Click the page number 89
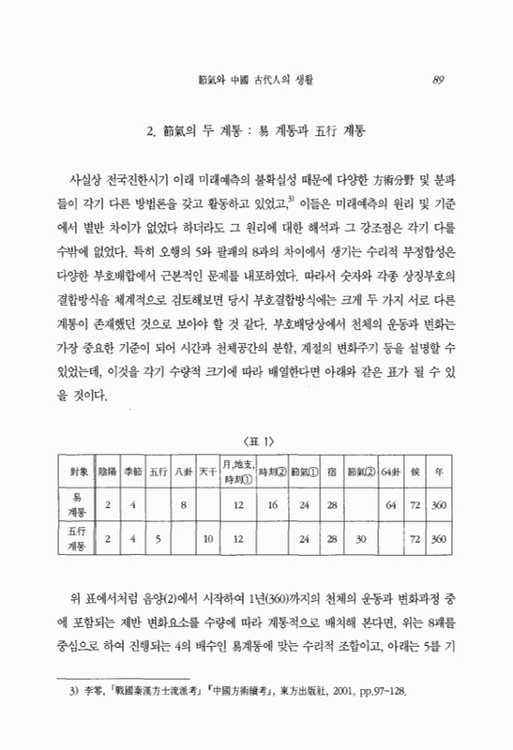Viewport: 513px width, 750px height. pyautogui.click(x=438, y=79)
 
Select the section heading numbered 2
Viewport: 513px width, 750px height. pyautogui.click(x=255, y=129)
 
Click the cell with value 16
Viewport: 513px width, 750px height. pyautogui.click(x=272, y=504)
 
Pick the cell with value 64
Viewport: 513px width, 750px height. pyautogui.click(x=390, y=504)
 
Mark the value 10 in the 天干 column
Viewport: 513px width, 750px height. pyautogui.click(x=210, y=540)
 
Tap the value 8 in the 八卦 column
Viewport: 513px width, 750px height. pyautogui.click(x=185, y=504)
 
